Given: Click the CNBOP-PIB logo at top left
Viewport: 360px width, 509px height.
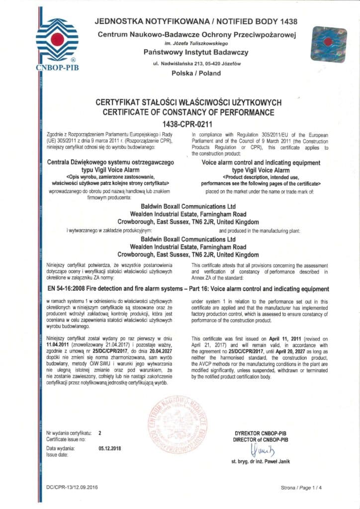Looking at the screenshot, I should (57, 42).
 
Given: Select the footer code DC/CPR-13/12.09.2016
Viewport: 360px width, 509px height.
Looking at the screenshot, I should (72, 488).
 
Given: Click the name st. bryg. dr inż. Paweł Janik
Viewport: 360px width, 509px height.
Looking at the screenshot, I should (261, 462).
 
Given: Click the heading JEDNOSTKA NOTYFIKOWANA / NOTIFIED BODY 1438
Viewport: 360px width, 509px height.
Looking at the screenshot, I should (196, 21).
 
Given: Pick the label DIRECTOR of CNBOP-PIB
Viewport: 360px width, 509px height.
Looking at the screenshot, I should (261, 440).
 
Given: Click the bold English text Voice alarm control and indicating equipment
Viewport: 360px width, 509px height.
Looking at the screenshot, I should (261, 162).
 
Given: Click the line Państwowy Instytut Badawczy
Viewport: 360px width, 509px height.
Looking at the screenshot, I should (196, 52).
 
